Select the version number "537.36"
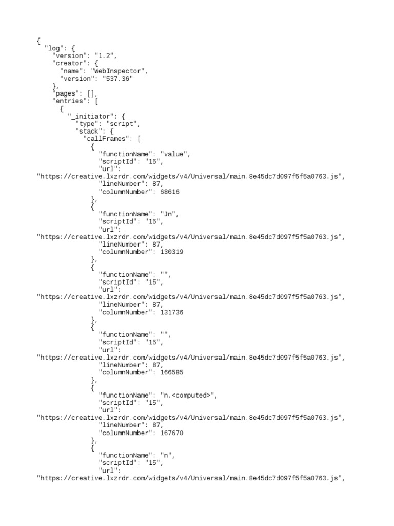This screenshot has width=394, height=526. click(x=117, y=79)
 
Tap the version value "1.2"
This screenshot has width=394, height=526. click(x=104, y=56)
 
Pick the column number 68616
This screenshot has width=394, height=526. click(x=170, y=192)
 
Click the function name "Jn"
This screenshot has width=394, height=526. click(x=168, y=214)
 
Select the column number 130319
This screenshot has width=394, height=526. click(x=172, y=252)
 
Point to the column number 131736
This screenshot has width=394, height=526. click(x=172, y=312)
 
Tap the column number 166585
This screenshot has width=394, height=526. click(x=172, y=372)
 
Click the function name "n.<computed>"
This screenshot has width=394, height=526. click(x=187, y=395)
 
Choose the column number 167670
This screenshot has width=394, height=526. click(x=172, y=433)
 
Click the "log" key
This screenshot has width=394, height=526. click(x=54, y=48)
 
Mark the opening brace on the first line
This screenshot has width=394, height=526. click(x=38, y=41)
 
